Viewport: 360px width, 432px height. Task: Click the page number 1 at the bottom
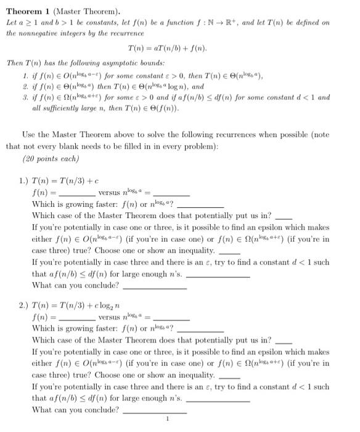pyautogui.click(x=168, y=423)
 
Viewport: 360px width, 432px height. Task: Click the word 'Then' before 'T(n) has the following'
pyautogui.click(x=15, y=63)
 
